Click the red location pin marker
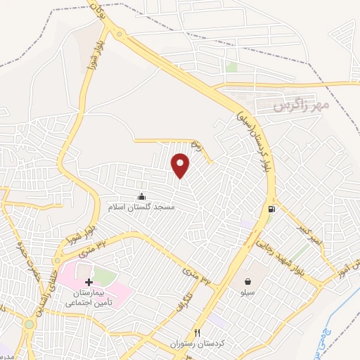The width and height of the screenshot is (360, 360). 181,165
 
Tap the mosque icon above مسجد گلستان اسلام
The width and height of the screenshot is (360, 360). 143,196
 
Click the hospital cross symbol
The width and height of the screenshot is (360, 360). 88,282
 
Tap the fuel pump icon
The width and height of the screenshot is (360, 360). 271,209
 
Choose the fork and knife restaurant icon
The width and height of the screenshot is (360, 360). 198,333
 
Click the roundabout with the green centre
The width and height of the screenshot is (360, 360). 29,324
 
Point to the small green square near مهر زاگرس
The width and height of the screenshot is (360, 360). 231,67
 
